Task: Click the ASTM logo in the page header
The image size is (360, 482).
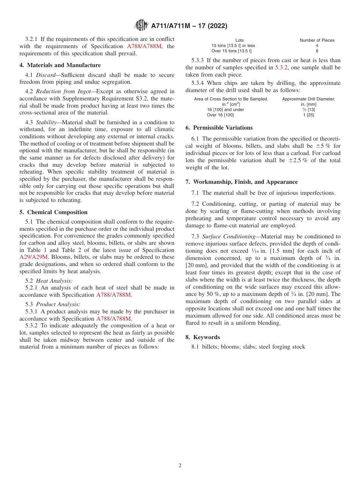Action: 142,26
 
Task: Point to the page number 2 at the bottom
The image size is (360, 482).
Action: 180,466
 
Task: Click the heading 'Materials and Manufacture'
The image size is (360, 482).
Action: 64,65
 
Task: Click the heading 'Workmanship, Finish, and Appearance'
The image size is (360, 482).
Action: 245,182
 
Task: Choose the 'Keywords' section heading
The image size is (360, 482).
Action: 206,337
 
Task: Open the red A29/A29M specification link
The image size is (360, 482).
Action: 34,257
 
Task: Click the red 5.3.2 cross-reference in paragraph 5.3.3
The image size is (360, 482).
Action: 282,67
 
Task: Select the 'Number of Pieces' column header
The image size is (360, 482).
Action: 317,40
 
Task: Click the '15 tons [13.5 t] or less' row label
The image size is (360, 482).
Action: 233,45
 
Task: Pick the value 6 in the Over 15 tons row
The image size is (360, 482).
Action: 317,51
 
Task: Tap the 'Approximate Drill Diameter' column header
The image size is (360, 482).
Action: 308,99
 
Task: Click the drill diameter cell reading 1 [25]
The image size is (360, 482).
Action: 308,115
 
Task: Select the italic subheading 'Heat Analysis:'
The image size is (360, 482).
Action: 54,281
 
